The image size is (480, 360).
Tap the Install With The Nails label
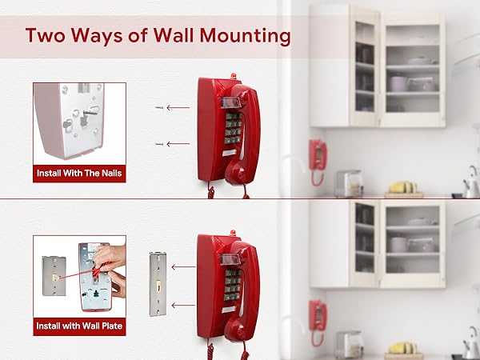[79, 172]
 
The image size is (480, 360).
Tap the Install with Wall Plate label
[79, 326]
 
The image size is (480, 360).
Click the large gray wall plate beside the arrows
[158, 284]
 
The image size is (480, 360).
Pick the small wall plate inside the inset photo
[54, 277]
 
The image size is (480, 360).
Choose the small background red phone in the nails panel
[318, 154]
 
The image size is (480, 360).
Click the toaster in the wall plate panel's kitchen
[348, 344]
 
